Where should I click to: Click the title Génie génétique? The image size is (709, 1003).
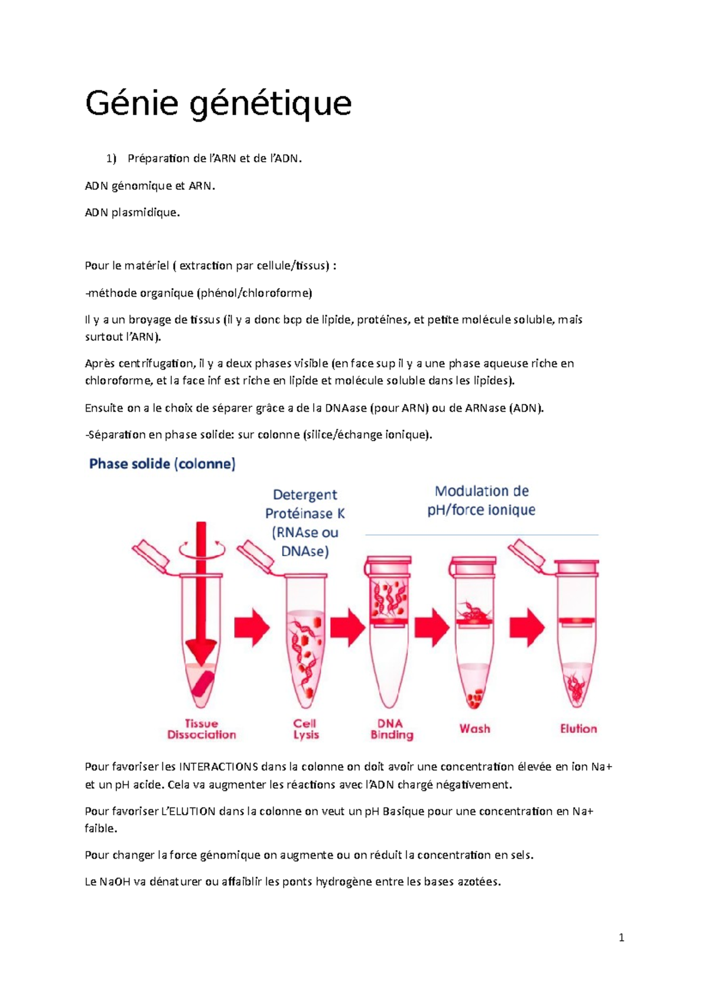tap(218, 104)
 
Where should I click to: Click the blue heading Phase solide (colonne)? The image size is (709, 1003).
tap(162, 464)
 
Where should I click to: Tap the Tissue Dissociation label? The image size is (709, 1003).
tap(201, 729)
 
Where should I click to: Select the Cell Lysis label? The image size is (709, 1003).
tap(305, 729)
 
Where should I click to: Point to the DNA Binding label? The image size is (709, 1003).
tap(391, 729)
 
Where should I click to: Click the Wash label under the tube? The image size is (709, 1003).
tap(475, 728)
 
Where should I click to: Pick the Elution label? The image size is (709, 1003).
tap(578, 728)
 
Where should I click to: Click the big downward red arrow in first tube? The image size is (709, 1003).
tap(201, 597)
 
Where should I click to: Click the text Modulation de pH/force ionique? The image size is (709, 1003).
tap(482, 500)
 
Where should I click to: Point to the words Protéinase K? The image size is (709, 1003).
tap(305, 513)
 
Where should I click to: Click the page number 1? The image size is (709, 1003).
tap(621, 937)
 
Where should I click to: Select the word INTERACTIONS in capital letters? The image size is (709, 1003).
tap(218, 767)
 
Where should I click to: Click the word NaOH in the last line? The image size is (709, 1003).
tap(115, 882)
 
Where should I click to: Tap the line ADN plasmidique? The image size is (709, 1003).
tap(132, 213)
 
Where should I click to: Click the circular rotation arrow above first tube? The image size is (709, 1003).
tap(202, 549)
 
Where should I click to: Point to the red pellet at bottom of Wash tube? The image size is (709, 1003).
tap(474, 698)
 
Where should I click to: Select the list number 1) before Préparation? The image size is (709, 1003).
tap(111, 158)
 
